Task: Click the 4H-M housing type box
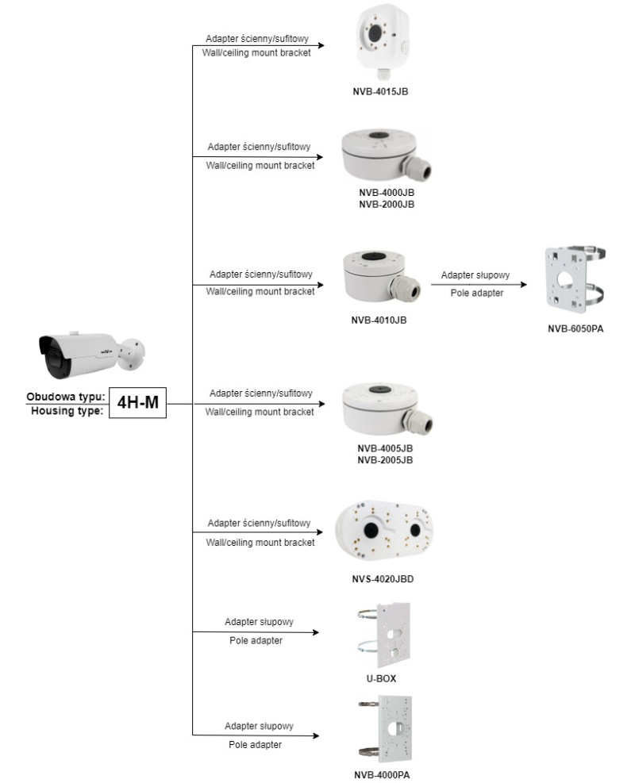pyautogui.click(x=137, y=404)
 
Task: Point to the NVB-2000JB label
pyautogui.click(x=387, y=204)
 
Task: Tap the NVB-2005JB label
pyautogui.click(x=387, y=459)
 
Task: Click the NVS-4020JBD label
pyautogui.click(x=387, y=579)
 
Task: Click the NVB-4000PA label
pyautogui.click(x=387, y=774)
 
